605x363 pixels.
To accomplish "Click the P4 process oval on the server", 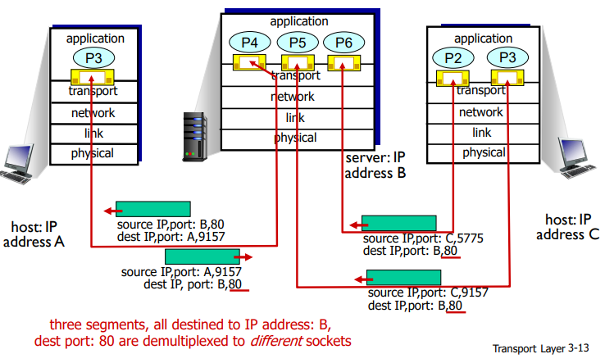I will click(x=248, y=42).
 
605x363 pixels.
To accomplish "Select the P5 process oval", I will click(x=293, y=42).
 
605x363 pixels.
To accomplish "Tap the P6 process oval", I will click(x=339, y=42).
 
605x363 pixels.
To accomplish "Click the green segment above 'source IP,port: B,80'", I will click(x=153, y=209).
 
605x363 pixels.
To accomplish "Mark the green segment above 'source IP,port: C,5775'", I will click(x=399, y=223).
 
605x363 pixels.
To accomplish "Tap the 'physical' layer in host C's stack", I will click(x=484, y=152).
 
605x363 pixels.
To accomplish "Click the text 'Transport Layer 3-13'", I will click(x=542, y=347).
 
